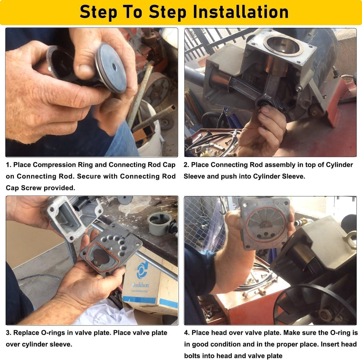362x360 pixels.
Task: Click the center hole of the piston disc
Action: (115, 67)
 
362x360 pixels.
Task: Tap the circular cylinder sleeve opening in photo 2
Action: (283, 46)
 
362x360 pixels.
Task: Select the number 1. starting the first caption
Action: (8, 165)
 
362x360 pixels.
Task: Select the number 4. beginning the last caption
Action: (187, 333)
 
